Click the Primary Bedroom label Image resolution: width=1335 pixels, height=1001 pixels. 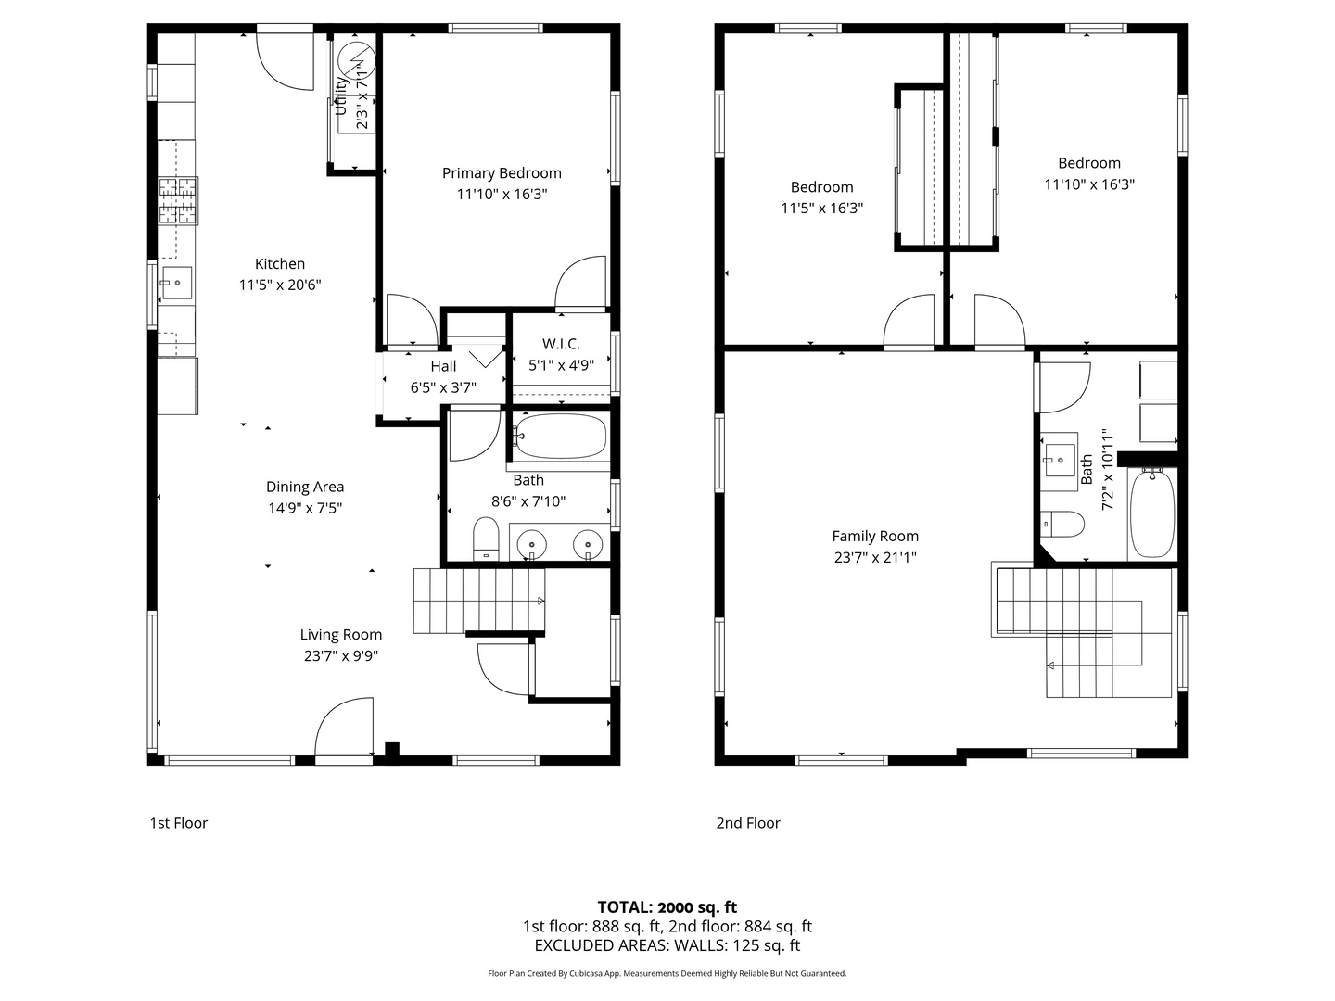click(502, 173)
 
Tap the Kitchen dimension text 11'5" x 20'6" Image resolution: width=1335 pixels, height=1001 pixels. click(280, 285)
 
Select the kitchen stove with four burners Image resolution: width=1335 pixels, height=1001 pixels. click(178, 201)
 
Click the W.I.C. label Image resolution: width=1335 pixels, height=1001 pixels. click(561, 344)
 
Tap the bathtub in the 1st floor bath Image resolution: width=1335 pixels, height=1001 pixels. click(561, 437)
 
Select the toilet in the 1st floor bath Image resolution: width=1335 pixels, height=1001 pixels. click(486, 539)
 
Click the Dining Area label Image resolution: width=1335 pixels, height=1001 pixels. click(305, 487)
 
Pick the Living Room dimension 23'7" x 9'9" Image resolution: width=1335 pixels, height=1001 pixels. click(341, 656)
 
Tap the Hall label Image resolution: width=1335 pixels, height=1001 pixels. click(443, 366)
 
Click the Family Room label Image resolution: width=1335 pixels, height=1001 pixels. click(875, 536)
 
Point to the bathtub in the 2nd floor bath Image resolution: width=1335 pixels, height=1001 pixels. click(1152, 513)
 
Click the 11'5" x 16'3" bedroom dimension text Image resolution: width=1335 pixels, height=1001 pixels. click(821, 209)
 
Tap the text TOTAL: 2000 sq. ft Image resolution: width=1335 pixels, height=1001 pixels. click(667, 907)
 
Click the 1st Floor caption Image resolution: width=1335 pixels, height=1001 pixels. click(179, 823)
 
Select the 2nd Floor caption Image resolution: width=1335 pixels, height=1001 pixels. click(748, 823)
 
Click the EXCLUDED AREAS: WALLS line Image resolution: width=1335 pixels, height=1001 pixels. click(667, 945)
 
